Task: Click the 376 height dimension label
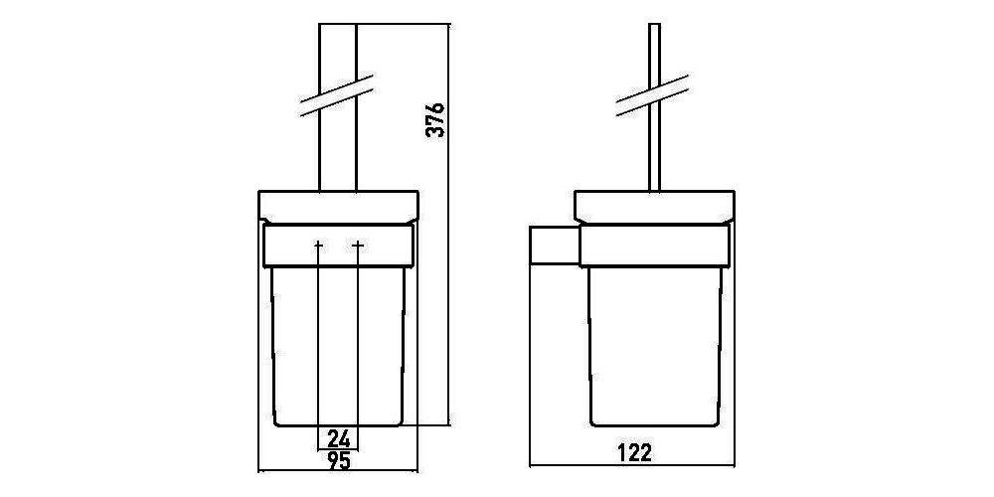[436, 119]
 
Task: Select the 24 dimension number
[338, 438]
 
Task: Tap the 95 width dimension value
[339, 460]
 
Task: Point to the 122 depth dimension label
[634, 452]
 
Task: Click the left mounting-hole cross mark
[319, 245]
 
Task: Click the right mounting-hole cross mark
[358, 245]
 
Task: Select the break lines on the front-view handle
[337, 97]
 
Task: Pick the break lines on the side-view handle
[653, 95]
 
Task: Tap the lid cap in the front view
[339, 207]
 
